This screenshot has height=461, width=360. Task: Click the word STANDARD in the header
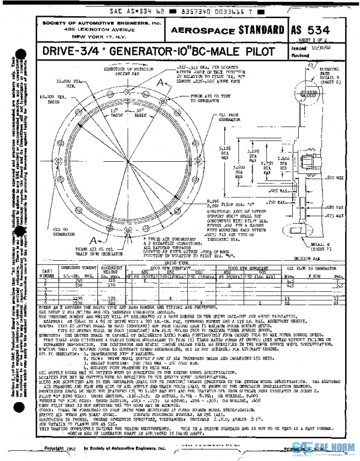point(261,29)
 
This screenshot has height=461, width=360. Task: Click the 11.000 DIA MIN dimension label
point(65,82)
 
